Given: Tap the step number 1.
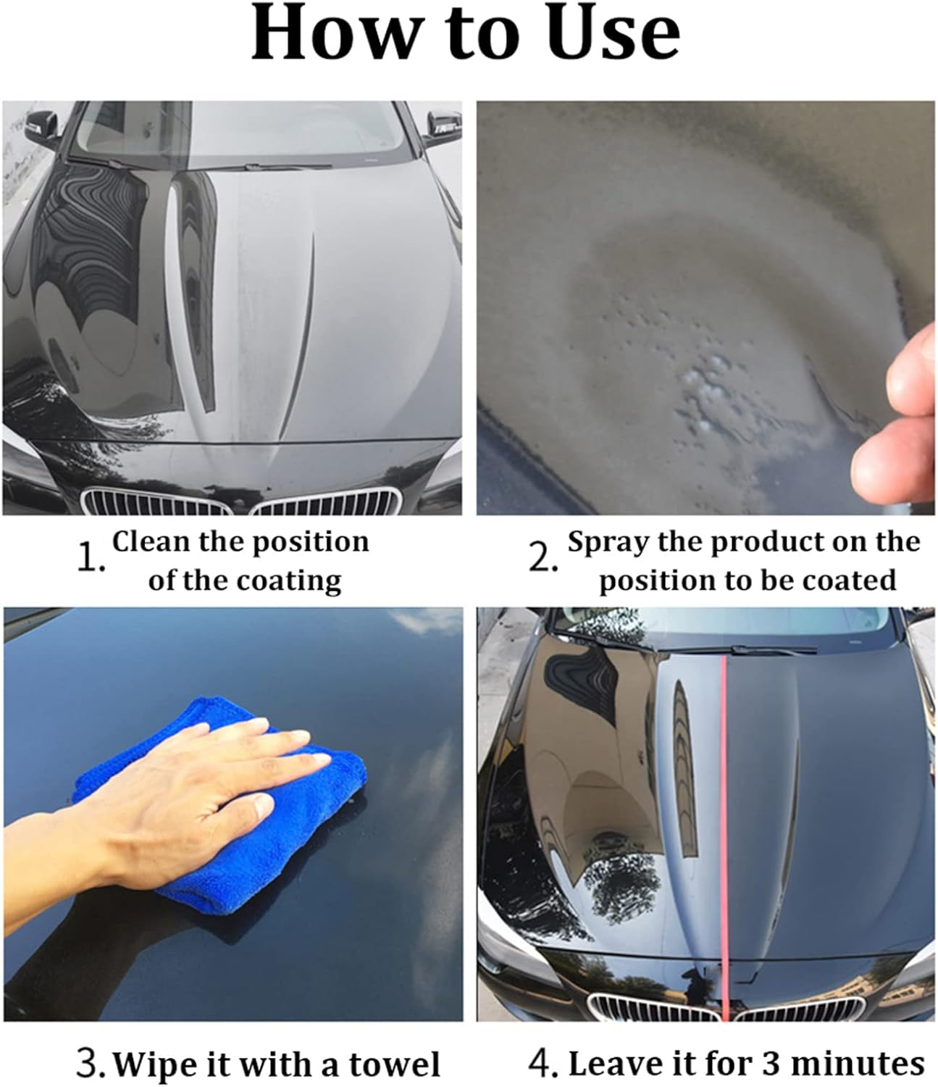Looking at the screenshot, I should [x=90, y=560].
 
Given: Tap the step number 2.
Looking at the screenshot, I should [x=543, y=560].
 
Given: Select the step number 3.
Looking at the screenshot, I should [x=91, y=1063].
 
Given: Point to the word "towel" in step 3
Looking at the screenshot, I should [x=395, y=1065].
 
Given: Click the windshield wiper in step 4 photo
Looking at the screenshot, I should [x=768, y=649].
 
